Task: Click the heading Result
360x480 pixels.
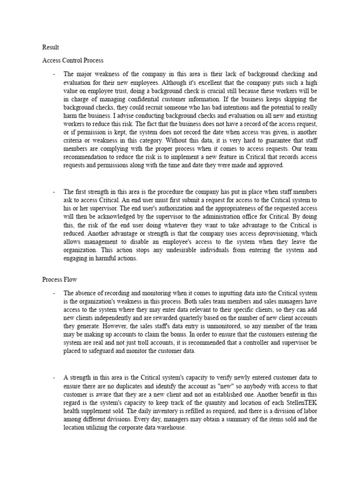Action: point(51,47)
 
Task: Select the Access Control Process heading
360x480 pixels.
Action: point(73,60)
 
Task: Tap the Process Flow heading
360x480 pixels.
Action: point(60,279)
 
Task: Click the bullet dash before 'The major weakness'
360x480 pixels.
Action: point(54,74)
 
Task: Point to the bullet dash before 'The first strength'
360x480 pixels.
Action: point(54,192)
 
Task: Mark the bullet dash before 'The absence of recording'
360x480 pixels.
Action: point(54,293)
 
